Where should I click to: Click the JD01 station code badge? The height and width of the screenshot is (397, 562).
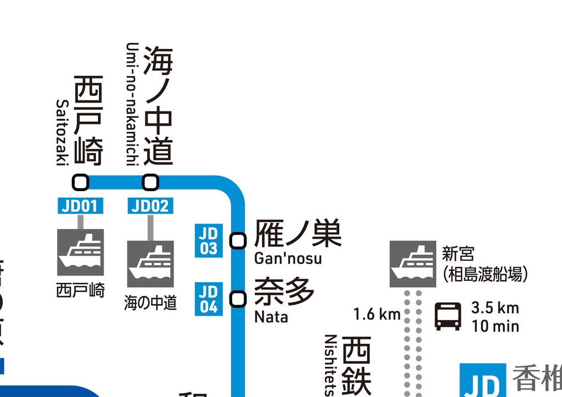[80, 206]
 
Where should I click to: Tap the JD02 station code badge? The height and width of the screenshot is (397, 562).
[150, 206]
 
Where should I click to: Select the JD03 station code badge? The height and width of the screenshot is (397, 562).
[209, 241]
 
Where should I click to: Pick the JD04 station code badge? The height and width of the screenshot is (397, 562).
[209, 299]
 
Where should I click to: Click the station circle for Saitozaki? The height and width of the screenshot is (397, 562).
[81, 181]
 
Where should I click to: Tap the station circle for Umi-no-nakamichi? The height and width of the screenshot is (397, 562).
[150, 181]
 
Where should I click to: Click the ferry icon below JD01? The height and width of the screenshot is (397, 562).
[81, 253]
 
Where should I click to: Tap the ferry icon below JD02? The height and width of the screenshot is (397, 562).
[150, 264]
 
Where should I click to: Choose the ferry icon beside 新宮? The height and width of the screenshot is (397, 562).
[413, 264]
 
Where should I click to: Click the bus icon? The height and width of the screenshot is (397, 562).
[448, 316]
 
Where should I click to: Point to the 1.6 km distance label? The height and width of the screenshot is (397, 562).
[377, 315]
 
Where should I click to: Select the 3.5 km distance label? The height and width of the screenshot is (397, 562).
[495, 307]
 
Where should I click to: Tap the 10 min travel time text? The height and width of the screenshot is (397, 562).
[495, 326]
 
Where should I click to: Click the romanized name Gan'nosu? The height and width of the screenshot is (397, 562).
[288, 258]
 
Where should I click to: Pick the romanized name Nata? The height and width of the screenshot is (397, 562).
[271, 317]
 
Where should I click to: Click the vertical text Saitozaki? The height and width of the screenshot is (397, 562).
[61, 132]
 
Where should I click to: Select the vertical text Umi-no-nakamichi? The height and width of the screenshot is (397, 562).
[131, 103]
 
